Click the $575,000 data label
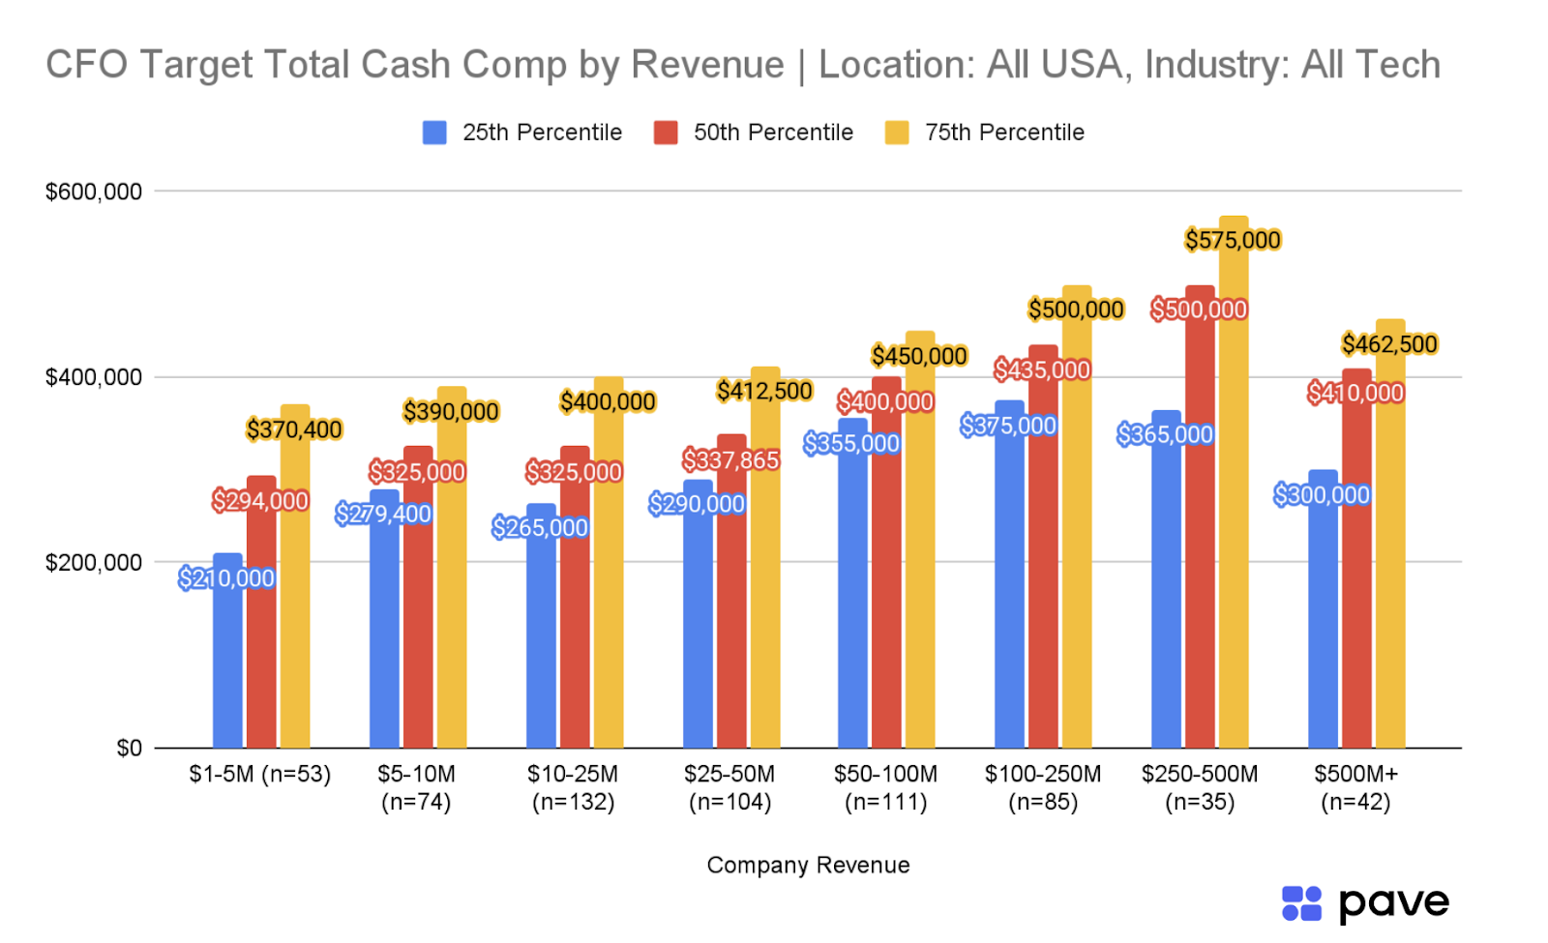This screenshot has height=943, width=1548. (1233, 240)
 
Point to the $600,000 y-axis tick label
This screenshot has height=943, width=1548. (94, 192)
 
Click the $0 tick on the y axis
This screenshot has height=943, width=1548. (129, 749)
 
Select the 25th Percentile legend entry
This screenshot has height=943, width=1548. (522, 133)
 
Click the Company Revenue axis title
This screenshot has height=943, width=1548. (808, 865)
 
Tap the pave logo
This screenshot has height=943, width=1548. (1365, 904)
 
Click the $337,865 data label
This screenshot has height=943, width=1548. (730, 460)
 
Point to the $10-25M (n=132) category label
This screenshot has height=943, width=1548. (573, 787)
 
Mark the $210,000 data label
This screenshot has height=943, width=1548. (226, 578)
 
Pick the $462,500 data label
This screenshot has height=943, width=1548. (1389, 344)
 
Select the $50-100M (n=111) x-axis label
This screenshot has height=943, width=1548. (885, 787)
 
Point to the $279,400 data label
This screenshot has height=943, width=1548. (383, 514)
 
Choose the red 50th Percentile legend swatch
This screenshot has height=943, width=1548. (666, 133)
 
